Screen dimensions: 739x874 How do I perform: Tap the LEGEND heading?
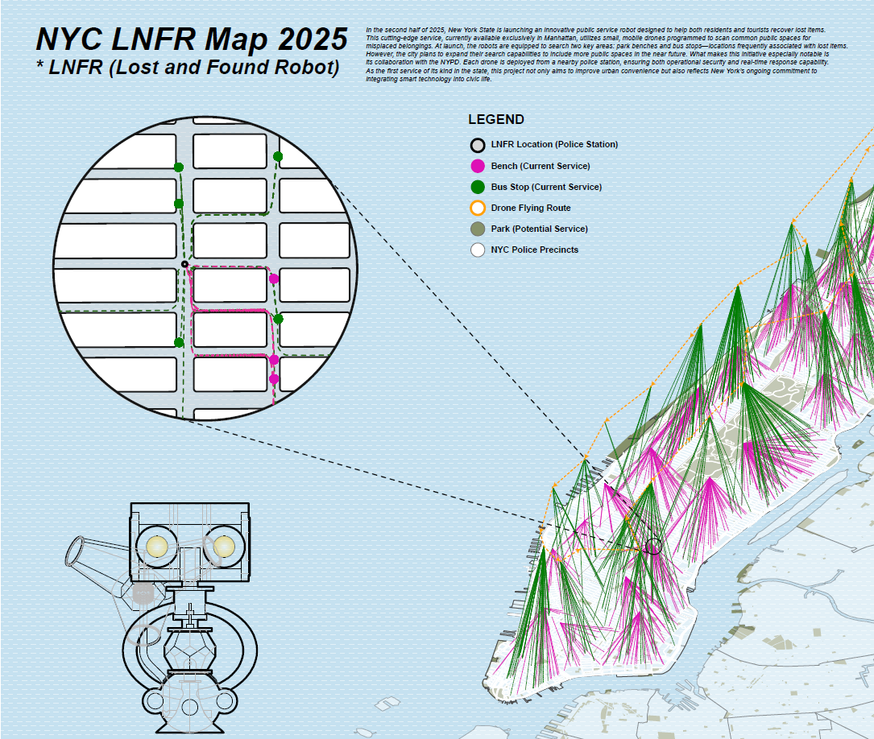pos(496,120)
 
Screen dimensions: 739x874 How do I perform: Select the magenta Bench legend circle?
pos(478,166)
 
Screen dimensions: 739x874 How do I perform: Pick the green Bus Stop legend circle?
pos(478,187)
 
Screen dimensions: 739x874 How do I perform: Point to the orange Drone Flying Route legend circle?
pos(478,208)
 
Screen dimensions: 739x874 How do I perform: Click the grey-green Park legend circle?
pos(478,229)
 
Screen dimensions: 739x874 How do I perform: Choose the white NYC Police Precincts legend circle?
pos(478,250)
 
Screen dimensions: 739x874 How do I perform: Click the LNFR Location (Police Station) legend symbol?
pos(478,145)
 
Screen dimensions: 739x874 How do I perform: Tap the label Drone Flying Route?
pos(530,208)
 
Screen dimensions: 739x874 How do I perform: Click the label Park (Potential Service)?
pos(539,229)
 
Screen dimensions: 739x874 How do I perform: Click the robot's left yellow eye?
pos(155,547)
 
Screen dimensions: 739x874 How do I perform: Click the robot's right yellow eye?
pos(223,547)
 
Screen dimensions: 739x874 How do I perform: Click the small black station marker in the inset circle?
pos(184,264)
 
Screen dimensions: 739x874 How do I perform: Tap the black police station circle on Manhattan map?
pos(653,547)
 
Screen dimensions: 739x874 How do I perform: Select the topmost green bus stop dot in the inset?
pos(278,156)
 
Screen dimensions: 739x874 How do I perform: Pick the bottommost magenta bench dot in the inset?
pos(274,378)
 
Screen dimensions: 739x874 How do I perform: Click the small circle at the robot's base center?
pos(190,708)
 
